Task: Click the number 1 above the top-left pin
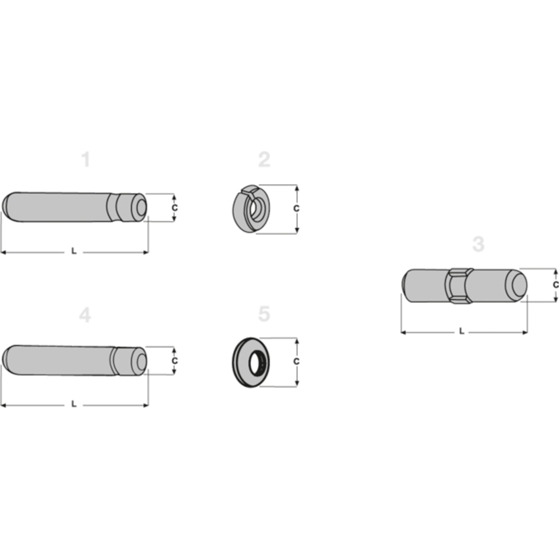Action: [86, 160]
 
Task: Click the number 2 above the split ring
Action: [264, 160]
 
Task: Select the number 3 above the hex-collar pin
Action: [478, 244]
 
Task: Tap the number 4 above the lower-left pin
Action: [84, 315]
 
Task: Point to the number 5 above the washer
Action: [264, 314]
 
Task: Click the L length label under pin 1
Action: [74, 252]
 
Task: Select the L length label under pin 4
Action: [74, 404]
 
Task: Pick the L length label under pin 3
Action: [461, 331]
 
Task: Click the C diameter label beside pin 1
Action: [174, 207]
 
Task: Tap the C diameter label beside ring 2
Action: [296, 208]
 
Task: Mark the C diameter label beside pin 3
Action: [555, 285]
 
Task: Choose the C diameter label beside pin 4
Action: [174, 361]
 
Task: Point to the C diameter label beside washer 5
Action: [296, 361]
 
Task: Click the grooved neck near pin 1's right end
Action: [119, 207]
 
